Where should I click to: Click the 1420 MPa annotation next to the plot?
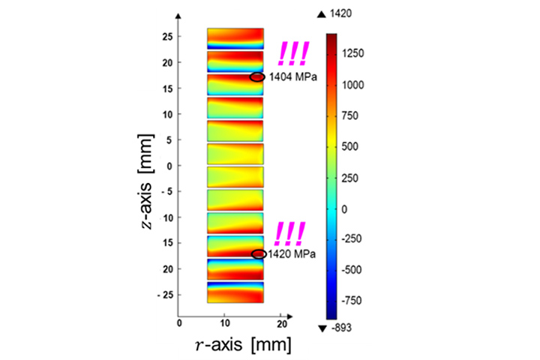click(x=291, y=254)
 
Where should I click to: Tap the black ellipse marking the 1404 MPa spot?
click(x=257, y=76)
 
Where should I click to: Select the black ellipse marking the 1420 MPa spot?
click(x=259, y=254)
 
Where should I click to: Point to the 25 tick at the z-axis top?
click(x=168, y=37)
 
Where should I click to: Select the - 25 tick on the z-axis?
click(x=166, y=295)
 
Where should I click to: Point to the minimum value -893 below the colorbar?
click(x=344, y=328)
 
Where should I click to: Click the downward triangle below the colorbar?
click(x=322, y=328)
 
